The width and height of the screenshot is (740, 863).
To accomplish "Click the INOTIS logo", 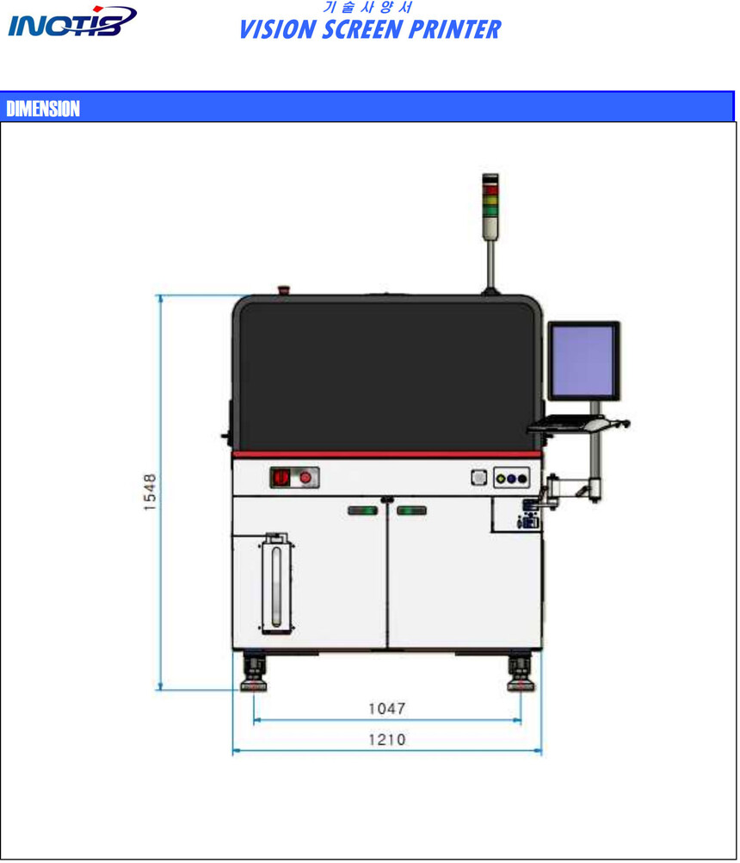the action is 72,22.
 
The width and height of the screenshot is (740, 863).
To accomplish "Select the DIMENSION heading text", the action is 43,109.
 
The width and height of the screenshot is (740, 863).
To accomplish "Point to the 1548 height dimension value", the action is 150,492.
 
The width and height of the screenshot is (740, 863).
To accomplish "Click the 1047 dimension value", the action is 387,708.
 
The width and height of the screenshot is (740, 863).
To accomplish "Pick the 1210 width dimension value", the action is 387,739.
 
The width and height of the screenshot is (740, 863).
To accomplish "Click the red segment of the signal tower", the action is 490,190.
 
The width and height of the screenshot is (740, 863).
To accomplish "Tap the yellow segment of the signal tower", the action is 490,201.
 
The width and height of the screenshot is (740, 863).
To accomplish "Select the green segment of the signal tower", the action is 490,210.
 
